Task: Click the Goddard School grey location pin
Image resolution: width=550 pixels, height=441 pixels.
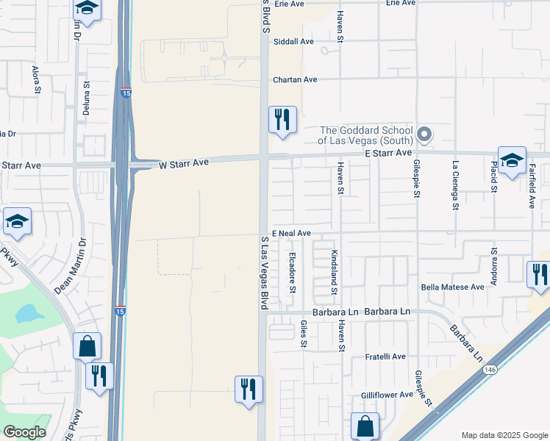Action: point(424,134)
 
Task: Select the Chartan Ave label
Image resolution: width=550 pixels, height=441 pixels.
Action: point(294,79)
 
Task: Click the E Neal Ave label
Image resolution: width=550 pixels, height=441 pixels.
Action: point(291,233)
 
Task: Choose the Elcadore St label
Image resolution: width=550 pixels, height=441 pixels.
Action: point(292,272)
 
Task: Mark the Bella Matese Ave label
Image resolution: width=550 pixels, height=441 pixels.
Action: point(452,287)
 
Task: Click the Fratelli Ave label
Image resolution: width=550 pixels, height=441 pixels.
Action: point(385,356)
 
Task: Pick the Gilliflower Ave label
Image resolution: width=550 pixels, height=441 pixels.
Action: point(387,395)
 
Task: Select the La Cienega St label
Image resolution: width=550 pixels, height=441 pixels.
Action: point(456,186)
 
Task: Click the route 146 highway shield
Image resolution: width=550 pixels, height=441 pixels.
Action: point(490,370)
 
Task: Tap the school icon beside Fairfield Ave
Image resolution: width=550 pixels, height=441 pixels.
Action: point(512,159)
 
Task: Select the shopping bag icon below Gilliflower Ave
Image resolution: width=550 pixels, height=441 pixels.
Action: point(365,425)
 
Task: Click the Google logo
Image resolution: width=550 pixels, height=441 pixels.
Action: point(24,432)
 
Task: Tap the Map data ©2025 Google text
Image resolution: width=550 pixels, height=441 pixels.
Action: point(504,435)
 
